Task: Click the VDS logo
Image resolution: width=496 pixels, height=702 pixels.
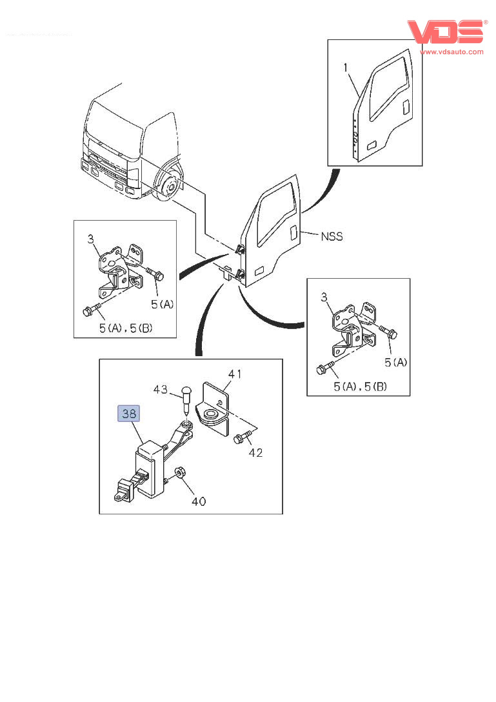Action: pos(445,32)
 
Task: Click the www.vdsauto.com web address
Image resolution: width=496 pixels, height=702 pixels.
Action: pos(451,52)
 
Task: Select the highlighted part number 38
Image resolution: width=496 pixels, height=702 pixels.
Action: pos(129,413)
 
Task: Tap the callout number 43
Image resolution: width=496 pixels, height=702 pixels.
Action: pos(161,390)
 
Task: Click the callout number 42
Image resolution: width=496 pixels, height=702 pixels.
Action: pos(255,452)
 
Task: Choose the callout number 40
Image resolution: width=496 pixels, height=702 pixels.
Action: pos(199,500)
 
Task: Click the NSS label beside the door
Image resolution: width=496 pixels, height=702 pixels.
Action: pos(332,237)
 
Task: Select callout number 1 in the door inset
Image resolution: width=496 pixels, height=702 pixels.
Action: pos(346,67)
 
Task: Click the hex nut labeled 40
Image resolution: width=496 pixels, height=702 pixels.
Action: pos(181,474)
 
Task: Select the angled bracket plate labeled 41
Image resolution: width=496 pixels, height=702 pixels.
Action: pos(214,406)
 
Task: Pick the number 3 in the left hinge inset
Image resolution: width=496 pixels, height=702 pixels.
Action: pos(90,239)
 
